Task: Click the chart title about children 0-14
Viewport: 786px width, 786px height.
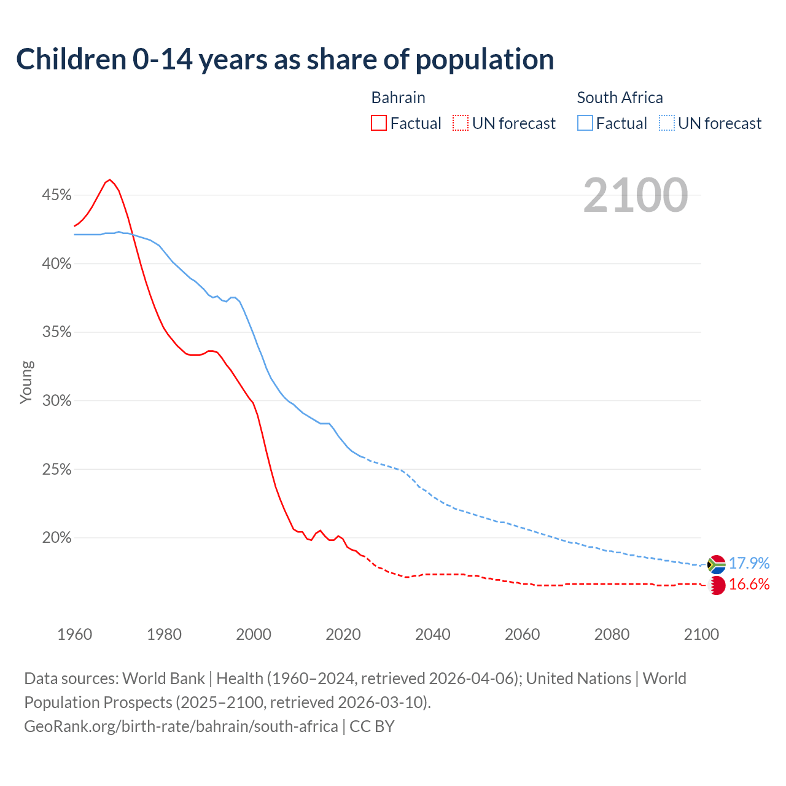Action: coord(285,60)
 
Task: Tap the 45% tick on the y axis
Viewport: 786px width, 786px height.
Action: coord(56,195)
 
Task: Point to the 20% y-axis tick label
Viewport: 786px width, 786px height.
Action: coord(56,538)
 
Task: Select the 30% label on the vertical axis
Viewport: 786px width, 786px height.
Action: coord(56,401)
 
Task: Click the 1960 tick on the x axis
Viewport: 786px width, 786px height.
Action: coord(74,634)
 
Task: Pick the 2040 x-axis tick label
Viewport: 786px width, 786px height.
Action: coord(433,634)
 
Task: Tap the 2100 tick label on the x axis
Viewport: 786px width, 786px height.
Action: coord(701,634)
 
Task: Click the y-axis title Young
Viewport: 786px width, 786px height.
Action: coord(26,382)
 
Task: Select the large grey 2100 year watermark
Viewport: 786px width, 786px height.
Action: coord(636,195)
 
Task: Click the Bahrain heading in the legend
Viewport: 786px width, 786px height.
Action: coord(398,98)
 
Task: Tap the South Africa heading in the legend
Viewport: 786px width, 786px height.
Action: coord(620,98)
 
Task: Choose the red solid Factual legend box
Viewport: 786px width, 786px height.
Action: coord(379,123)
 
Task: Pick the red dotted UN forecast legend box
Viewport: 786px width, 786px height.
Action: coord(461,123)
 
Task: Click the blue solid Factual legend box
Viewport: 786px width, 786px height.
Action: coord(585,123)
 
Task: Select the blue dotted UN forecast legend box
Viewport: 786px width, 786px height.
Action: coord(666,123)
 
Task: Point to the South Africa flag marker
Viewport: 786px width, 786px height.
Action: coord(716,564)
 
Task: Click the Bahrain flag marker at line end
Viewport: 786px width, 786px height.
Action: coord(717,585)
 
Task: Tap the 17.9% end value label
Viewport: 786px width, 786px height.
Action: coord(749,563)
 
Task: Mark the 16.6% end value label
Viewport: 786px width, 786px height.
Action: coord(749,584)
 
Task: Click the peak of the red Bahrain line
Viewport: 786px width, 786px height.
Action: coord(110,179)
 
